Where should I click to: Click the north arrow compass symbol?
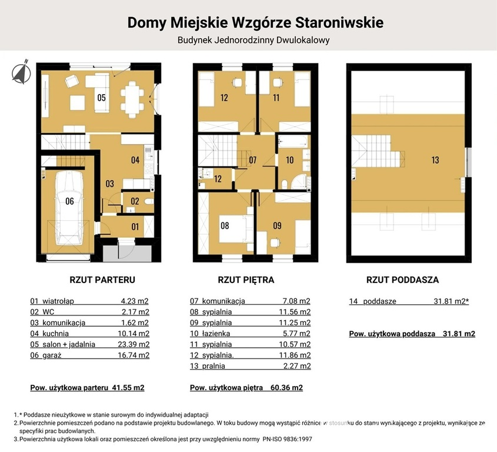22,72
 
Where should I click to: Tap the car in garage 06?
70,208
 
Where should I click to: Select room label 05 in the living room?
101,98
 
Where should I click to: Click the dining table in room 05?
132,98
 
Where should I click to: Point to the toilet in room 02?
149,201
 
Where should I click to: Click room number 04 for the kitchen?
135,160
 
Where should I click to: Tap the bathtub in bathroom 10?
293,141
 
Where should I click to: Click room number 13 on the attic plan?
435,160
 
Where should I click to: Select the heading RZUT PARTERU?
102,280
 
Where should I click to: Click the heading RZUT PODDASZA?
402,280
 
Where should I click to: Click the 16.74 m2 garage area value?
134,355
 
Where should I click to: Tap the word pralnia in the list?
214,366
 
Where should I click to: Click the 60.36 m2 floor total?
286,388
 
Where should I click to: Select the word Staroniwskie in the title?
339,23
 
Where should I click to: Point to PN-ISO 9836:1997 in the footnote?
287,439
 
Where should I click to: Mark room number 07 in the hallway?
253,160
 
